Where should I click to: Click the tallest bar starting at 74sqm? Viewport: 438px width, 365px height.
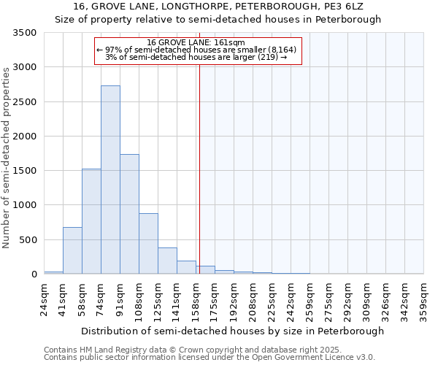click(x=110, y=180)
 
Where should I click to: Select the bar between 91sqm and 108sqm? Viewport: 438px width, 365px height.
click(x=129, y=214)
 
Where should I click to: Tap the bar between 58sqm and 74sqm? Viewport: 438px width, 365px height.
click(x=91, y=221)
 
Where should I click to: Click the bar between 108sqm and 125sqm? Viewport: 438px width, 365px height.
click(x=148, y=244)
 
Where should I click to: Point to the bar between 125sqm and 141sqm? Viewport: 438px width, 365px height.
click(x=167, y=261)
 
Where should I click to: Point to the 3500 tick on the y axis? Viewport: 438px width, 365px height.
click(x=24, y=33)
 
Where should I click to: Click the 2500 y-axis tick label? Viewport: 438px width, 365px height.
click(x=24, y=102)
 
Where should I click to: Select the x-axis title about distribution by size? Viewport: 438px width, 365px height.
click(x=232, y=331)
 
